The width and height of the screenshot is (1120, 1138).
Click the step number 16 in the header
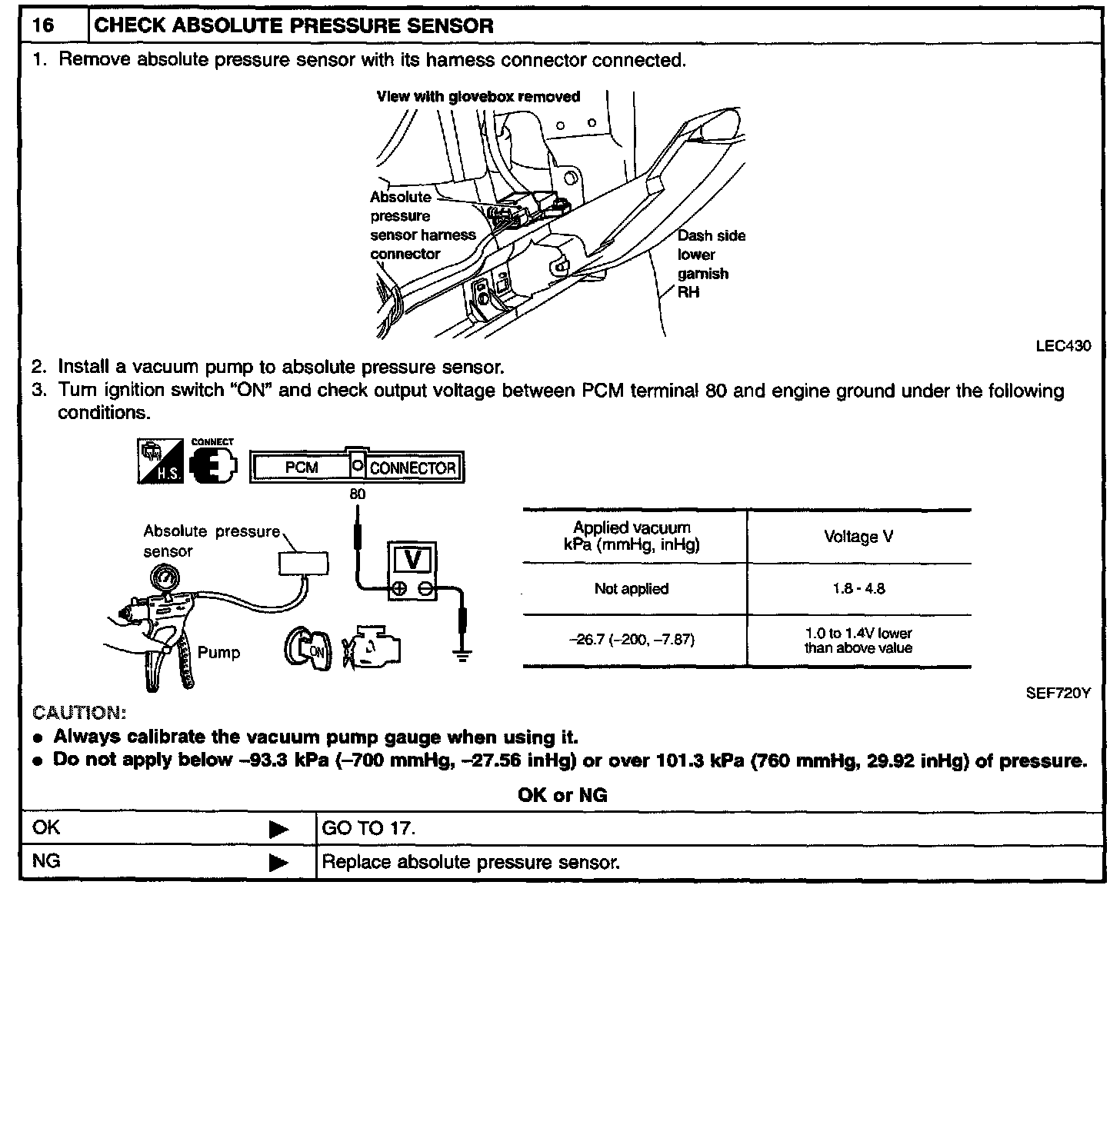point(44,25)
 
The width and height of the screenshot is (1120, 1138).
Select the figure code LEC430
point(1063,346)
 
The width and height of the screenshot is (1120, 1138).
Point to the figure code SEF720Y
point(1058,693)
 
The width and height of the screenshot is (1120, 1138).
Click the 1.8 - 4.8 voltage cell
point(858,589)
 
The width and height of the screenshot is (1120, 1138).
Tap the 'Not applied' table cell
point(631,589)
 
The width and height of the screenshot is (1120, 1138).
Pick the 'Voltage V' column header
point(858,537)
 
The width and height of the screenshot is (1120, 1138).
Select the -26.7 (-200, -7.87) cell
point(631,640)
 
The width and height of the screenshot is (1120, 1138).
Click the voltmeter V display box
point(413,560)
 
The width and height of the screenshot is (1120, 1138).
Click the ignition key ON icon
point(308,647)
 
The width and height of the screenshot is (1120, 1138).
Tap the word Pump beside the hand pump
point(218,652)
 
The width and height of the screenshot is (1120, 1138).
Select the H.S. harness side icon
point(160,461)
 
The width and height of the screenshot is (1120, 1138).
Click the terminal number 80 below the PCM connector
point(357,494)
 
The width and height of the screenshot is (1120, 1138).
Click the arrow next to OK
point(278,829)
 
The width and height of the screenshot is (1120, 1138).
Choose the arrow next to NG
point(278,863)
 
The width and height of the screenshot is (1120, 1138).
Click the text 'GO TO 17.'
point(368,829)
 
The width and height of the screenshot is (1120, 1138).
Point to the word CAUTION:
point(79,712)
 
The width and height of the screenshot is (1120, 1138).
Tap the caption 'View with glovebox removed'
point(478,97)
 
